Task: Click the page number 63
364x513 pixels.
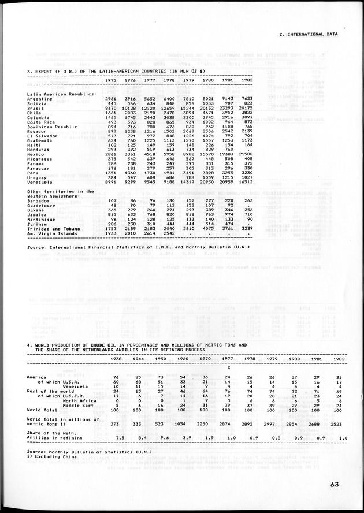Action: (331, 485)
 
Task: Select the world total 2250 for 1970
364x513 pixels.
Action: (205, 422)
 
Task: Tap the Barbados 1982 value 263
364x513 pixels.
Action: (248, 200)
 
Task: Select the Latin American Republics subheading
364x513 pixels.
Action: (61, 93)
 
